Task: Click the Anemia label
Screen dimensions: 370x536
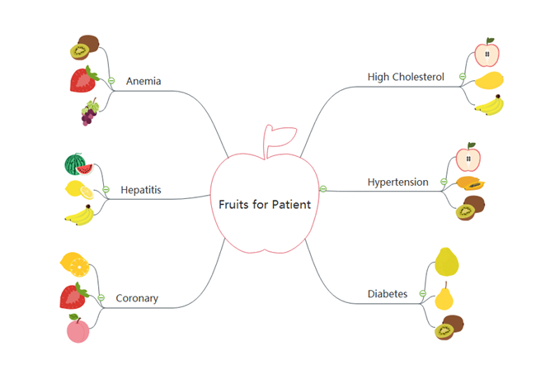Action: pos(143,81)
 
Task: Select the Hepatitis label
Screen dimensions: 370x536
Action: pos(140,190)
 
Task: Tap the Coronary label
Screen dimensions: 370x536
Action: pos(137,298)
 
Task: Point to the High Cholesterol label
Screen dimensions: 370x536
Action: pos(406,77)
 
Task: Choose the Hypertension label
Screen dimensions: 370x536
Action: pos(397,182)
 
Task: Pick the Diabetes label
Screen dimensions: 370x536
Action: pos(387,293)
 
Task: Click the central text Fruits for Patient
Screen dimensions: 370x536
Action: pos(265,204)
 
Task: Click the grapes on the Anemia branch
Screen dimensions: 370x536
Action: pos(88,112)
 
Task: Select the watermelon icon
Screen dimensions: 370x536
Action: pos(76,163)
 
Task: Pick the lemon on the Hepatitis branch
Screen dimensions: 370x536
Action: pos(78,189)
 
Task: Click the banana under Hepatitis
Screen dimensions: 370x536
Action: pos(79,216)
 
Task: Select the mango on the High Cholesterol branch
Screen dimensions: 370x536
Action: pos(489,81)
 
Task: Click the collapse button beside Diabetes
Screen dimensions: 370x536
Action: pos(422,293)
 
